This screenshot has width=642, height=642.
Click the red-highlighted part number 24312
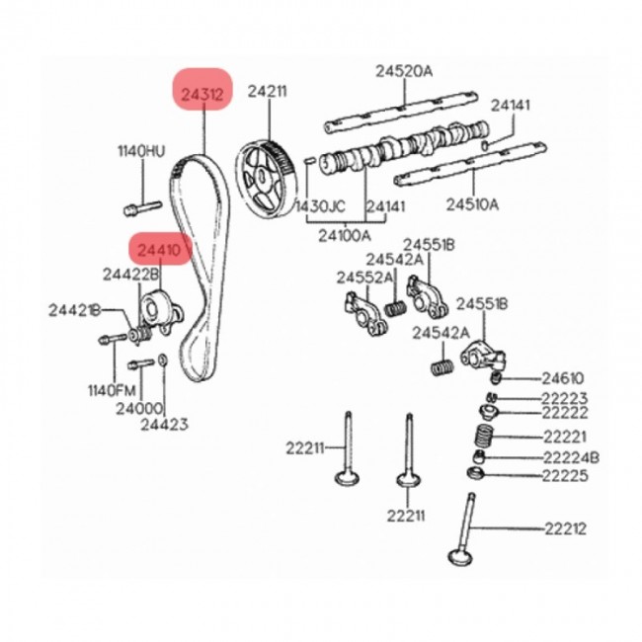click(202, 95)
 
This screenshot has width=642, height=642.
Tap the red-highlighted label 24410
click(159, 250)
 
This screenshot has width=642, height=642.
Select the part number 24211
click(268, 91)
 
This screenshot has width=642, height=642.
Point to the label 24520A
click(404, 71)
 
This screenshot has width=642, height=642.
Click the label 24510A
click(472, 203)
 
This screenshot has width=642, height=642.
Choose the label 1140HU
click(141, 151)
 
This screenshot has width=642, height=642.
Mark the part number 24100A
click(345, 235)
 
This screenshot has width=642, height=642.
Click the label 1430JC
click(321, 206)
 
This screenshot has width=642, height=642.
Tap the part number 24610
click(563, 378)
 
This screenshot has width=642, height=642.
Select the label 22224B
click(571, 457)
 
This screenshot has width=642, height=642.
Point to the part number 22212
click(565, 528)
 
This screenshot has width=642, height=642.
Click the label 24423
click(164, 424)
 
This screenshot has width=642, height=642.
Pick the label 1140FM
click(112, 390)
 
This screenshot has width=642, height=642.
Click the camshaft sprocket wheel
click(265, 179)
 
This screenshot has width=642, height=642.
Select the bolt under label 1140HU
click(142, 207)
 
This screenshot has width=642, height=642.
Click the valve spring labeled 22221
click(484, 436)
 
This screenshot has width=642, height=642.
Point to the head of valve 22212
click(460, 556)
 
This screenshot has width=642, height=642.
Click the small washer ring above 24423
click(162, 361)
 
